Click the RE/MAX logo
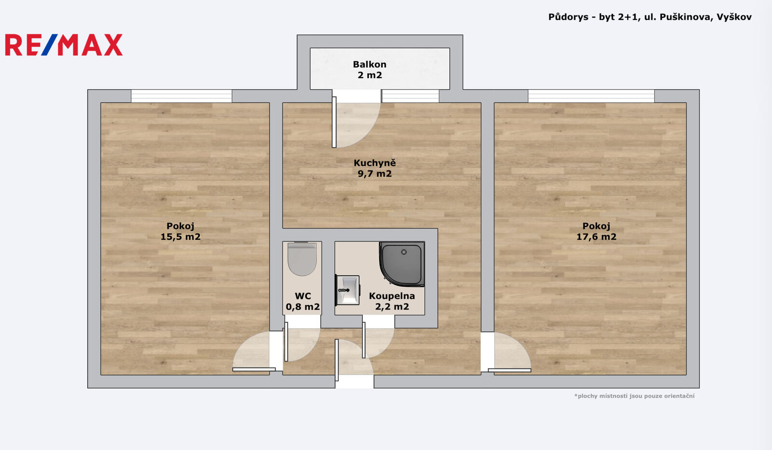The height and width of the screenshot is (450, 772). coord(64,44)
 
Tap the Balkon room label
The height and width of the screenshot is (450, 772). coord(370,70)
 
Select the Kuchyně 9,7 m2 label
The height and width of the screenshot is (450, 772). coord(374,168)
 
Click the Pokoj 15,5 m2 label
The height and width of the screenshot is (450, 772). coord(180,231)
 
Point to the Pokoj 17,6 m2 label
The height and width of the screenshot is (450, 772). coord(596,231)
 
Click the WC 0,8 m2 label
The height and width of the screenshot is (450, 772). coord(303,301)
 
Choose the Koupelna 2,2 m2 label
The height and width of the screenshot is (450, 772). coord(392,301)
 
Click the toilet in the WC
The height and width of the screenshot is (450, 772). coord(302,259)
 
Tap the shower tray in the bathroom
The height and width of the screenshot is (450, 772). coord(402,264)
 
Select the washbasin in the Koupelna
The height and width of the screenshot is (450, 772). coord(347,290)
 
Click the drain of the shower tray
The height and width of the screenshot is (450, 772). coord(404,252)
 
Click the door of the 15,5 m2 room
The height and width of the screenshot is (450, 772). coord(254,351)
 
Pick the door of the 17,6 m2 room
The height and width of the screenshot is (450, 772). coord(510,352)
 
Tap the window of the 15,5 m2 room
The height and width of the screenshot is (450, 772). coord(181,96)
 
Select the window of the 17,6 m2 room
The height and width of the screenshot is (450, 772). coord(591,96)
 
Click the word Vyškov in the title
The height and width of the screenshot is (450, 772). coord(734,17)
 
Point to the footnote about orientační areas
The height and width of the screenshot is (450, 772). coord(634,396)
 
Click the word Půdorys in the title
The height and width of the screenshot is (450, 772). coord(568,17)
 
